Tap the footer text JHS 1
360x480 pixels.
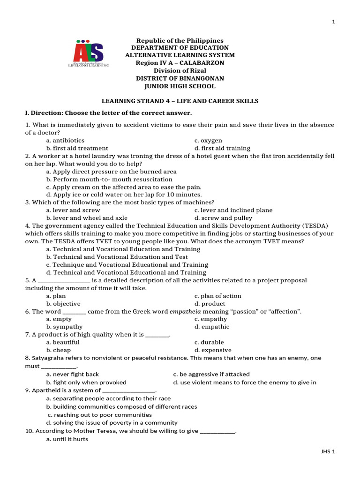(328, 451)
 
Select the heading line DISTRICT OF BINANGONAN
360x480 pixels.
(180, 78)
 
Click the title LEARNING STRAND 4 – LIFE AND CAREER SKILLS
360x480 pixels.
(180, 101)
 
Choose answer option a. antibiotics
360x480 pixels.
(65, 140)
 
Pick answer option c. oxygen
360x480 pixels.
(208, 140)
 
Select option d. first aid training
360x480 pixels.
(222, 148)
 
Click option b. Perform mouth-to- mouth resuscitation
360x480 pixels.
(109, 179)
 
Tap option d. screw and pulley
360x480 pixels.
(223, 218)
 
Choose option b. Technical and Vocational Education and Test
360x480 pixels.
(117, 257)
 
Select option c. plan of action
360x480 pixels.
(217, 296)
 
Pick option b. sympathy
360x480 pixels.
(64, 327)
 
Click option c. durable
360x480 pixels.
(209, 342)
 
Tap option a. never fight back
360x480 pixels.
(73, 374)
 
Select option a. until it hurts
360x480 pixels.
(67, 439)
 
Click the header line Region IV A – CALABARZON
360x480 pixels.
(180, 63)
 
